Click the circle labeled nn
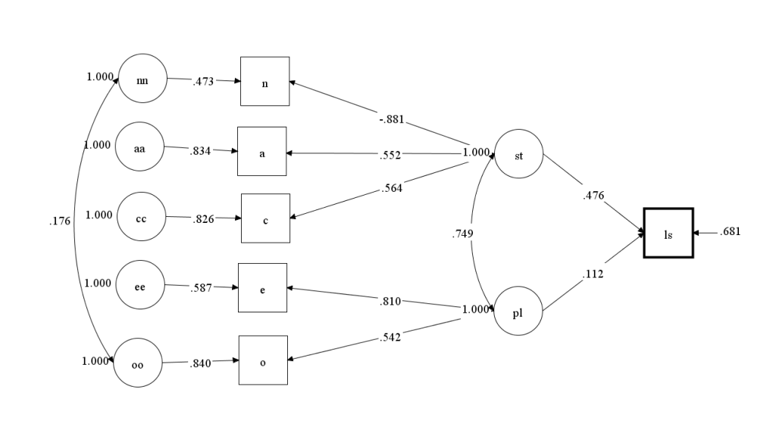pos(142,79)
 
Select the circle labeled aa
pos(140,147)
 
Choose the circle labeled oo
pos(138,364)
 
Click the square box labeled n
pos(264,81)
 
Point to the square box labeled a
pos(262,152)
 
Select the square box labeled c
pos(265,218)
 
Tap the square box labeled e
pos(262,287)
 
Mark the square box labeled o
pos(263,362)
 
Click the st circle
pos(518,155)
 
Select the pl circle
pos(518,311)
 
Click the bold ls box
pos(668,233)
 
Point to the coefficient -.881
pos(392,119)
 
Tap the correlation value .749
pos(462,234)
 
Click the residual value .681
pos(730,231)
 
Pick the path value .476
pos(593,196)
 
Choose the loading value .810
pos(390,302)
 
